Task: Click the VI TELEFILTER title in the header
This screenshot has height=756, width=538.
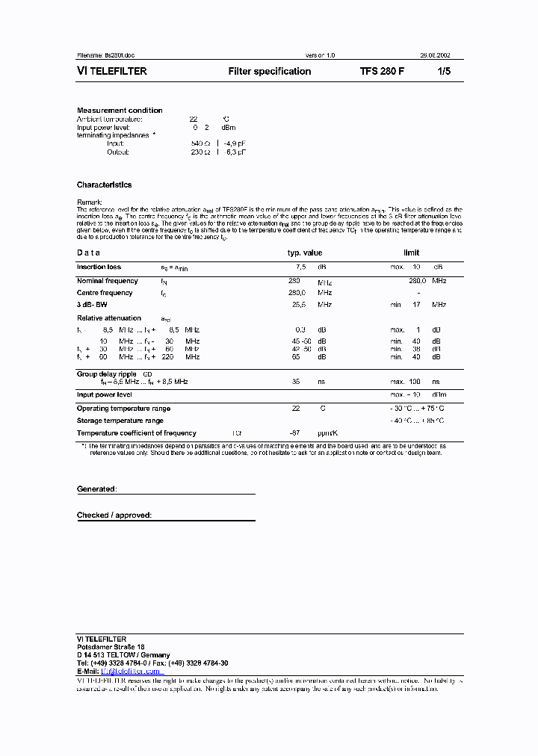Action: click(x=112, y=72)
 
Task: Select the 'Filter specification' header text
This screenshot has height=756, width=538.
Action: click(x=269, y=72)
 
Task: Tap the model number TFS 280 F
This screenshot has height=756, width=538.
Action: click(x=383, y=72)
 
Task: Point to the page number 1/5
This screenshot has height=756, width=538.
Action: click(x=445, y=72)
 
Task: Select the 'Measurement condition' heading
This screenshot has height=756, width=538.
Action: click(x=120, y=111)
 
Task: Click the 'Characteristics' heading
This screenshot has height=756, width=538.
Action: click(x=104, y=185)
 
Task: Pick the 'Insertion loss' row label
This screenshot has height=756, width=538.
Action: click(x=99, y=267)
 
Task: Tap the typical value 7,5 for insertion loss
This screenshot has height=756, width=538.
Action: click(x=300, y=267)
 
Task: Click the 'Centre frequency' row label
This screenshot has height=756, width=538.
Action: click(x=105, y=293)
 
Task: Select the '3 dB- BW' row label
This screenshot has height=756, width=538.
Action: click(x=93, y=305)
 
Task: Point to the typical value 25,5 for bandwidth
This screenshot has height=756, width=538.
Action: click(x=299, y=305)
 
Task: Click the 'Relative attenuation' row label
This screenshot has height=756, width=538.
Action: click(x=109, y=318)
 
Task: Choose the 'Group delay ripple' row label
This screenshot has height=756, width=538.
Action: click(x=108, y=373)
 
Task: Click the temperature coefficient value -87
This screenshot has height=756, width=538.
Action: click(x=294, y=433)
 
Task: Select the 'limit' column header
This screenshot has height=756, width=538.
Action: click(x=412, y=252)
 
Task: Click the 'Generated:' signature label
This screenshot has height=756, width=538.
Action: click(x=96, y=489)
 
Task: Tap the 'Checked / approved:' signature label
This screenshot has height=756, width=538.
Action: click(x=114, y=515)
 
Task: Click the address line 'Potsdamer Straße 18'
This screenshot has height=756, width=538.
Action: click(x=111, y=647)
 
